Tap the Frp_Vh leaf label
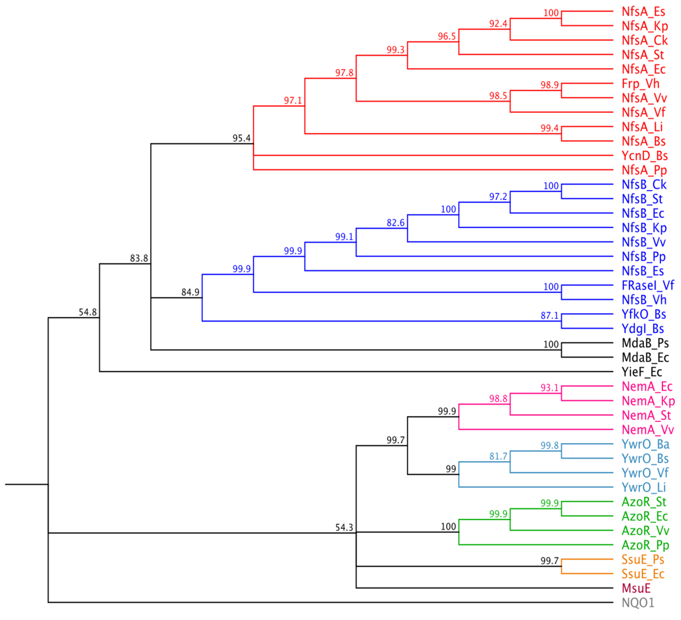(x=640, y=83)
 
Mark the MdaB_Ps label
(x=643, y=343)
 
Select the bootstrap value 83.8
(x=139, y=258)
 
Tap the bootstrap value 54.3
(x=344, y=527)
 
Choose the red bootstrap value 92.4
(x=499, y=23)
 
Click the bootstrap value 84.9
(x=190, y=291)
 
